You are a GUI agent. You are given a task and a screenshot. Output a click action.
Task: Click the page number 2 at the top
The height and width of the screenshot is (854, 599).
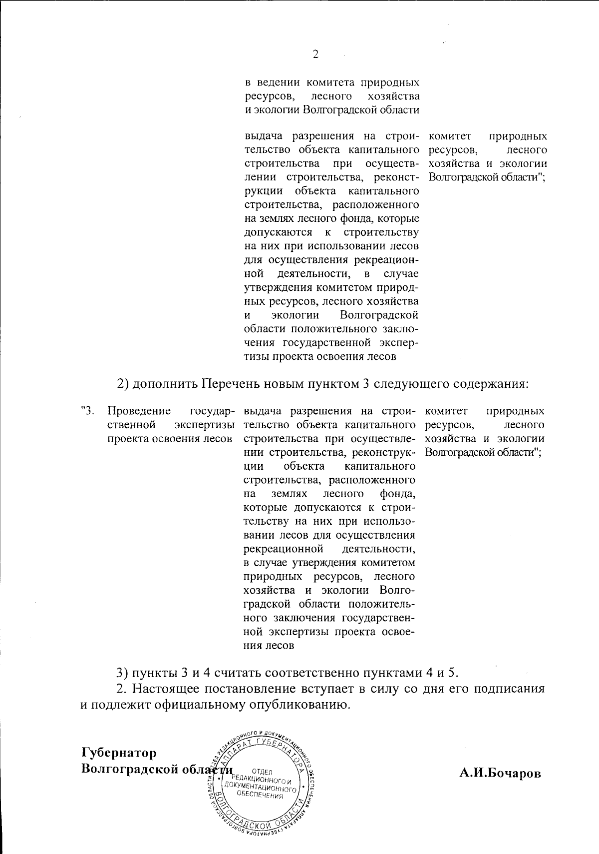[x=315, y=54]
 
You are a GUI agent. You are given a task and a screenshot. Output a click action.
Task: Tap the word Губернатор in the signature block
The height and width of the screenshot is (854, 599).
[x=119, y=752]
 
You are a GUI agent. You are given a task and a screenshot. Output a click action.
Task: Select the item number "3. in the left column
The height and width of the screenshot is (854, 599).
[x=87, y=411]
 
